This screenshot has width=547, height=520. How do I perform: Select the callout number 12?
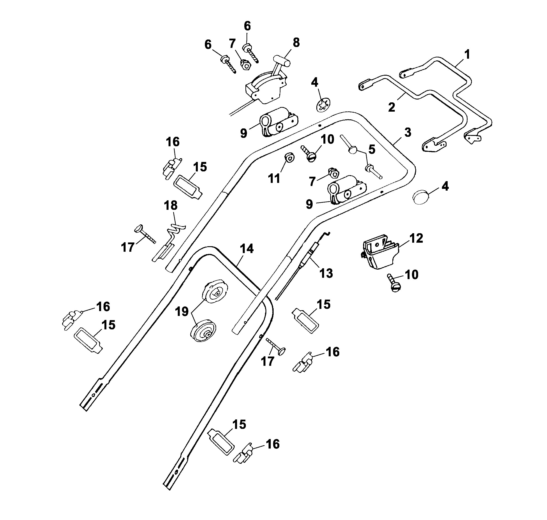pos(416,238)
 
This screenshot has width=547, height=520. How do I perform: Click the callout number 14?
pos(247,249)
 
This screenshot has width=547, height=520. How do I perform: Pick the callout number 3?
pos(408,133)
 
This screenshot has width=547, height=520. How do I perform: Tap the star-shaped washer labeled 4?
pos(323,105)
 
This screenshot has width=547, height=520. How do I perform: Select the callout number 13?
pos(326,273)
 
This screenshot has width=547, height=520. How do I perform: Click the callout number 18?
pos(171,206)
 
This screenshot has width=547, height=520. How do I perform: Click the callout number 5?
pos(372,150)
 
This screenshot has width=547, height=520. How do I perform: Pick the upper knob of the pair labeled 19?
pos(215,291)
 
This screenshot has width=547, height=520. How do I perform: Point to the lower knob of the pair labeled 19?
pos(204,331)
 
